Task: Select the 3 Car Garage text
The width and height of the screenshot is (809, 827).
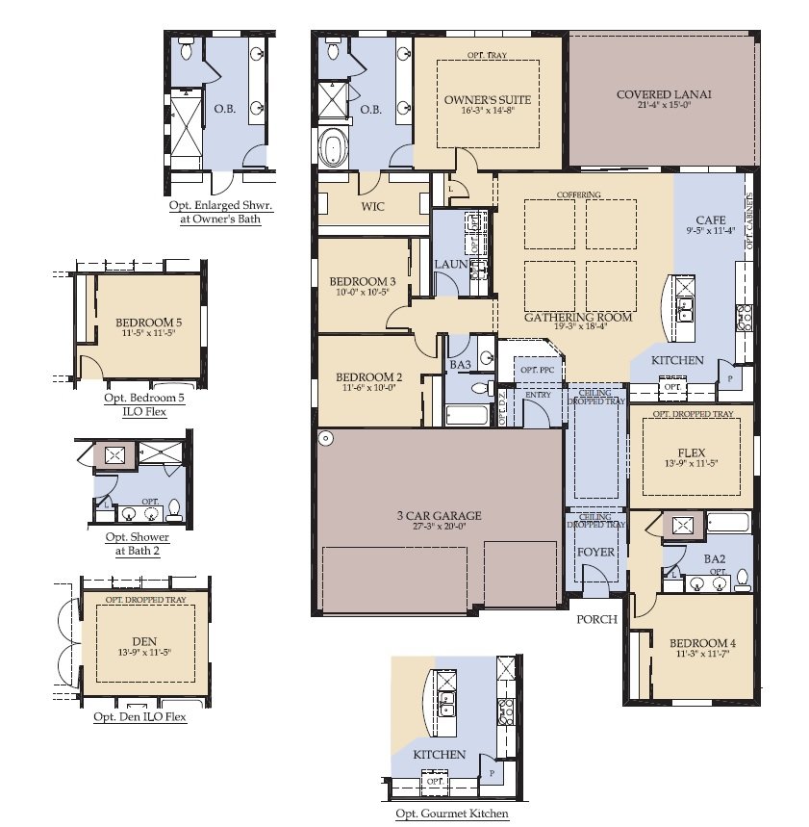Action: pos(438,516)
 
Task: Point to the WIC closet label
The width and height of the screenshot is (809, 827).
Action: pos(374,206)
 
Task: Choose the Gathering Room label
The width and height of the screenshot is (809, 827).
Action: pos(577,317)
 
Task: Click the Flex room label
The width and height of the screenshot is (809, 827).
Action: pos(691,452)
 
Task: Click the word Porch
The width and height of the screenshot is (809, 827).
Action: pos(596,619)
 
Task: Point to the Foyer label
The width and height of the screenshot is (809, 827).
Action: pos(594,553)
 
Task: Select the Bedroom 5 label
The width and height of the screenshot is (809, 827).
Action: pos(148,323)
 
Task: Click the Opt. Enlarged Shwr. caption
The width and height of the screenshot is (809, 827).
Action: pos(219,205)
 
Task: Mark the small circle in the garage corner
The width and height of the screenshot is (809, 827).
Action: pos(326,438)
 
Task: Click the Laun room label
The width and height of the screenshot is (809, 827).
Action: pos(450,263)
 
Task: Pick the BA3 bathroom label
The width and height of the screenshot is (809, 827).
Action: pos(460,365)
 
